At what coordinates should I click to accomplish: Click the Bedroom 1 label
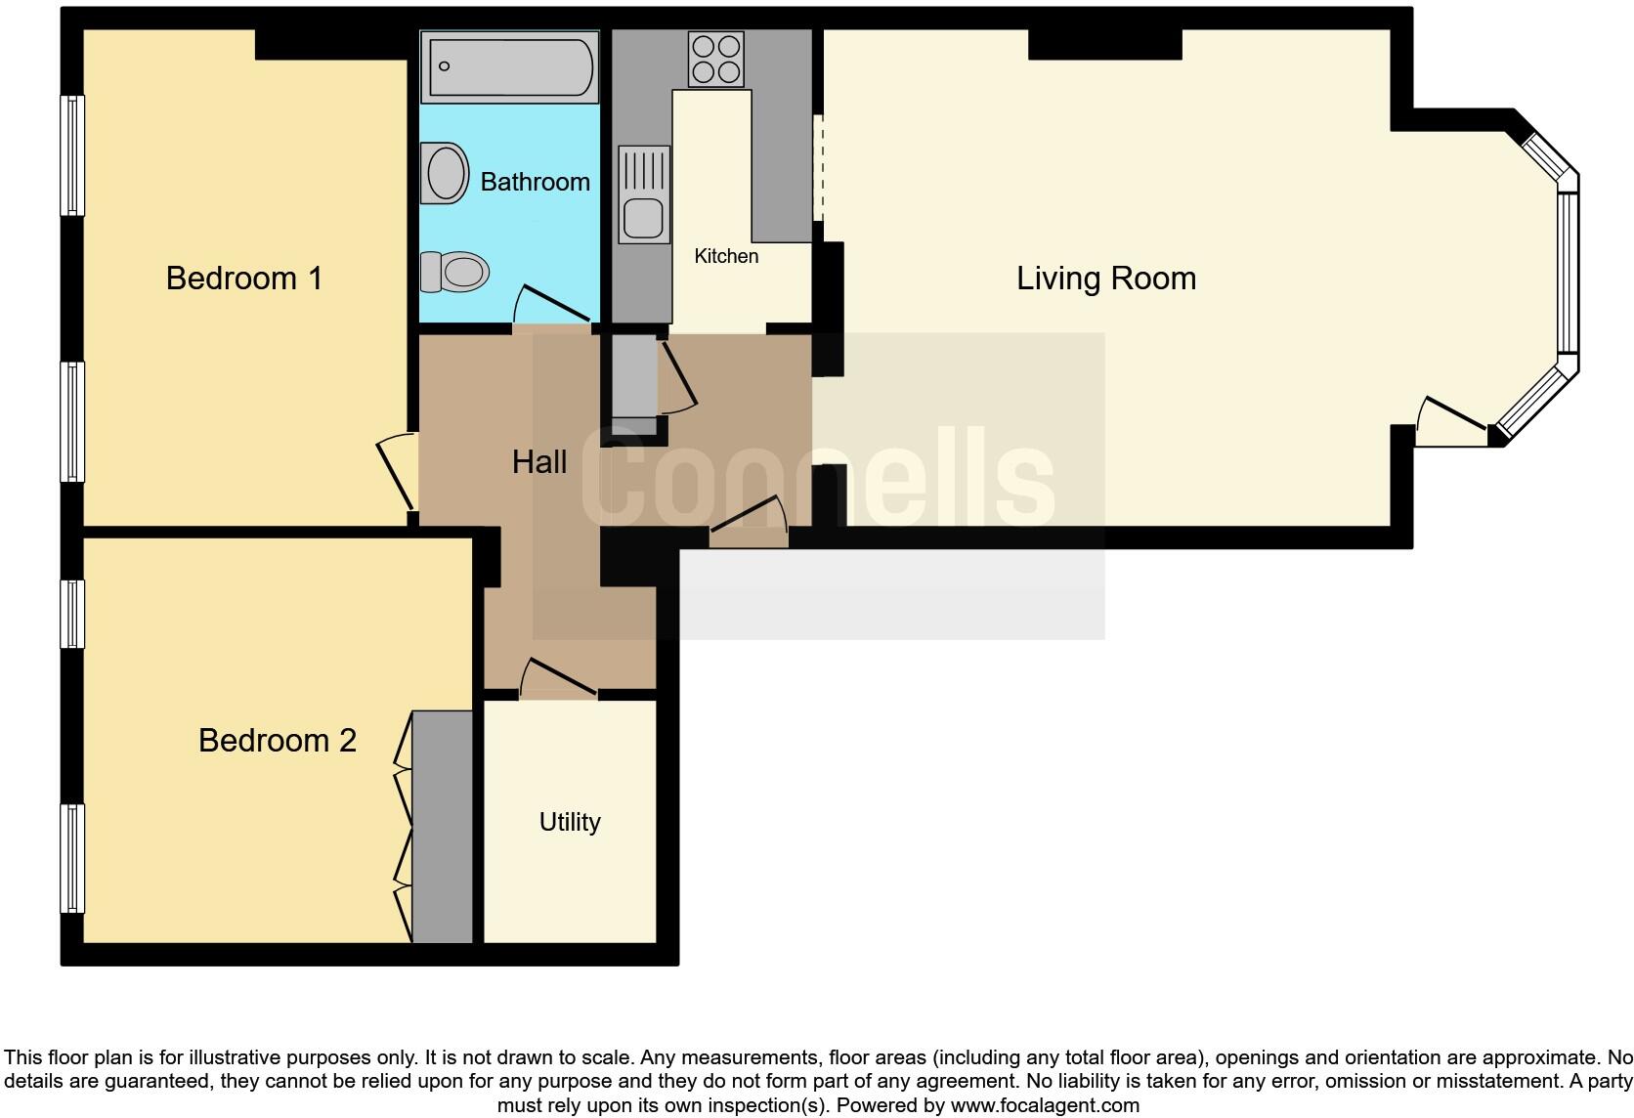[243, 279]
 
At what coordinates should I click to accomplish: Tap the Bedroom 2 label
[277, 741]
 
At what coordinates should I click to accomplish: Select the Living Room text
[1105, 279]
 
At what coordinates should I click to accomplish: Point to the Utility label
[570, 822]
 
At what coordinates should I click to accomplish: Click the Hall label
[538, 462]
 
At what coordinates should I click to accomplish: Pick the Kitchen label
[726, 256]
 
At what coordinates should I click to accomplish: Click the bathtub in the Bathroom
[509, 66]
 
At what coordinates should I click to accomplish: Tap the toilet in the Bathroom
[454, 272]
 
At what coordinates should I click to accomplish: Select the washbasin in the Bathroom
[445, 173]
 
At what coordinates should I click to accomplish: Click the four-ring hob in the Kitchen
[715, 59]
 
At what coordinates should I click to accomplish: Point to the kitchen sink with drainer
[644, 194]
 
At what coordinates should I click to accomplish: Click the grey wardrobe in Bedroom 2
[443, 827]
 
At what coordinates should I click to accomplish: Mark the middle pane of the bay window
[1567, 272]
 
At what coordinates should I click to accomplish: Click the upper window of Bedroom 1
[72, 154]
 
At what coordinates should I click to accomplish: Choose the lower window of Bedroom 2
[72, 858]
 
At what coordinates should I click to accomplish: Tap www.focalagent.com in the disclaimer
[1044, 1105]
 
